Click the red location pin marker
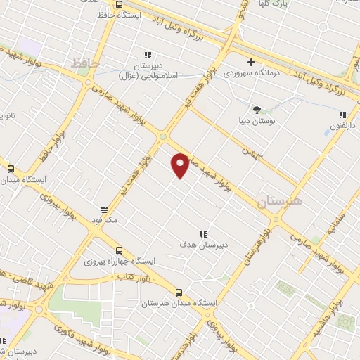point(181,165)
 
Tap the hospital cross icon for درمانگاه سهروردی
point(251,62)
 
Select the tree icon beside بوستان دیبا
point(257,109)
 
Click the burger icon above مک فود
point(104,210)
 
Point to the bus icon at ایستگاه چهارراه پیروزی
point(118,250)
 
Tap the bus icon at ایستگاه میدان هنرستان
point(179,292)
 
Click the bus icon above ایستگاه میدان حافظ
point(11,169)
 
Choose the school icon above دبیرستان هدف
point(203,234)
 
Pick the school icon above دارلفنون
point(342,115)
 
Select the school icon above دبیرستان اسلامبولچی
point(148,55)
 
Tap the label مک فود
point(104,221)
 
